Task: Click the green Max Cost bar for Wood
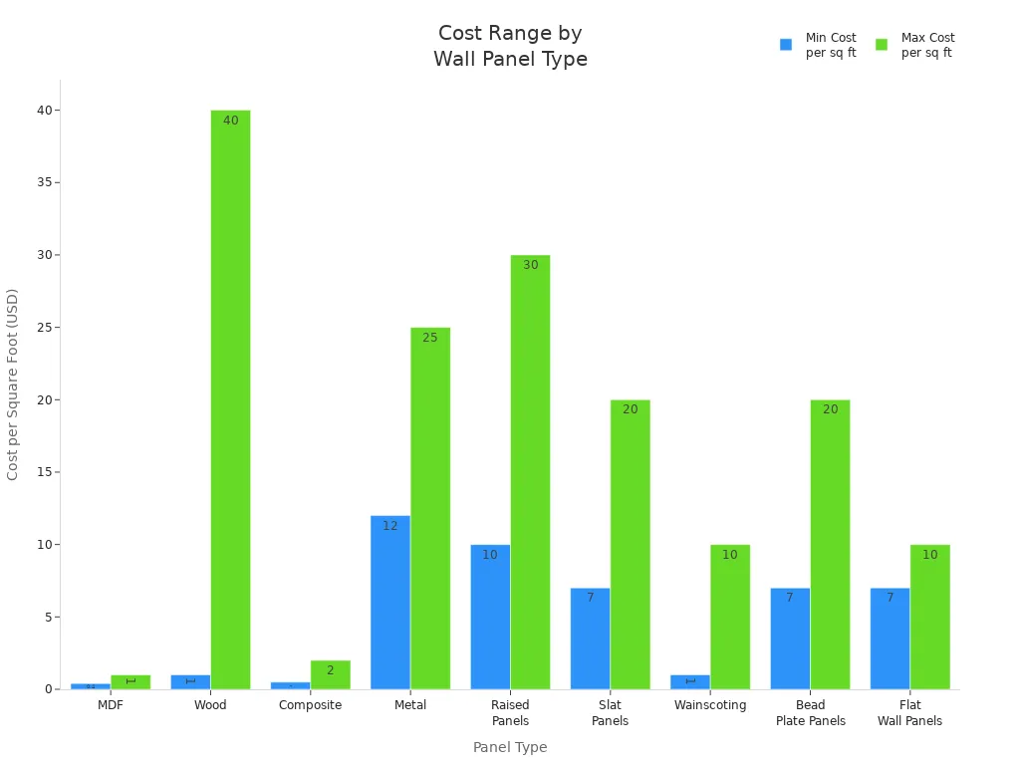[230, 398]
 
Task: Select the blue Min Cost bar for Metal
[389, 602]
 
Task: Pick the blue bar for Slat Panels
[590, 637]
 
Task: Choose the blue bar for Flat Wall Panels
[890, 637]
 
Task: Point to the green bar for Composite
[330, 674]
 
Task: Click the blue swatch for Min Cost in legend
[786, 45]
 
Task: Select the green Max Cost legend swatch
[882, 45]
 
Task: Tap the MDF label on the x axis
[111, 705]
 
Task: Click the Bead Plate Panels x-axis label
[810, 713]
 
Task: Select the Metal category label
[410, 705]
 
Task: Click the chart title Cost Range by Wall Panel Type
[510, 46]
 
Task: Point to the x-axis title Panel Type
[510, 747]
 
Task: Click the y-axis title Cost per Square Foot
[13, 383]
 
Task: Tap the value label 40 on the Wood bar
[230, 121]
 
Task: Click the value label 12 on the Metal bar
[389, 526]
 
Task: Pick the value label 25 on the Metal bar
[430, 338]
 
